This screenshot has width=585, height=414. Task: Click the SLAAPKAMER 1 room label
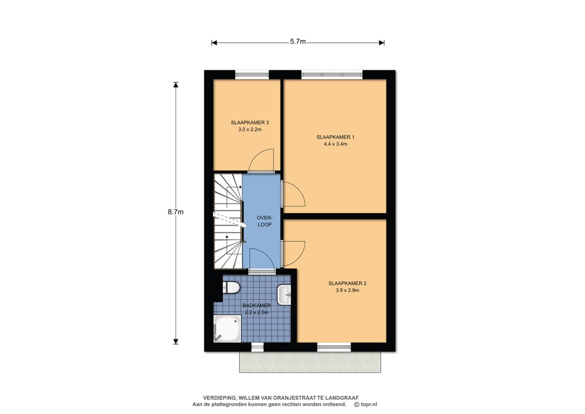click(335, 137)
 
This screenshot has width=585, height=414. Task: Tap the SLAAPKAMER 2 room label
click(347, 283)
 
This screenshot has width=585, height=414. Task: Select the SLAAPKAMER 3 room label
click(250, 123)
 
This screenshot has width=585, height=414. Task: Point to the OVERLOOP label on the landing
click(264, 221)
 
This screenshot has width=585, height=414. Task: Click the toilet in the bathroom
click(231, 288)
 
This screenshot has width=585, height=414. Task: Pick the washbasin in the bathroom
click(284, 295)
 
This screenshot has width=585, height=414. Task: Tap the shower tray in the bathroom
click(227, 328)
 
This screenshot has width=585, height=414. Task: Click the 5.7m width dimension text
click(298, 42)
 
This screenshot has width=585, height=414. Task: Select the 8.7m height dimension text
click(175, 212)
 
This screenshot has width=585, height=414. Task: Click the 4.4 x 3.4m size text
click(335, 144)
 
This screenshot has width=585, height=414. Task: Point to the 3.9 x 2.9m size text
click(347, 290)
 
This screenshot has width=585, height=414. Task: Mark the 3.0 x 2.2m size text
click(250, 130)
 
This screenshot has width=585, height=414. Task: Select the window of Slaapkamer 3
click(252, 75)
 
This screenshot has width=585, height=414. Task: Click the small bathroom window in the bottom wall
click(257, 347)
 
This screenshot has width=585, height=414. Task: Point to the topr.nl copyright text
click(366, 404)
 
